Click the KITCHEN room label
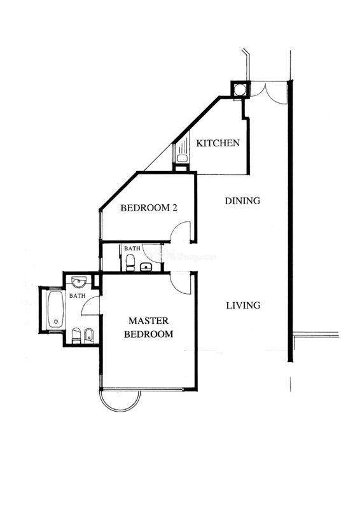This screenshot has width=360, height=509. (218, 143)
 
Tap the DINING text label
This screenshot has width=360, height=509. (242, 200)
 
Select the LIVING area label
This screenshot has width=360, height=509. (243, 305)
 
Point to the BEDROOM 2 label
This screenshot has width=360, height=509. (149, 208)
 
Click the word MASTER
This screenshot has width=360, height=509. (149, 321)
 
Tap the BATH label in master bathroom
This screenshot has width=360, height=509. (78, 296)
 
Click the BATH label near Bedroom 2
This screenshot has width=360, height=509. (132, 248)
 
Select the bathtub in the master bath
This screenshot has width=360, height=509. (56, 309)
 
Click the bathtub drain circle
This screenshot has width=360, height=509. (56, 322)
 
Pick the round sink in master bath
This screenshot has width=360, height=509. (79, 282)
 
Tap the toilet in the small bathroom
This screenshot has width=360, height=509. (130, 262)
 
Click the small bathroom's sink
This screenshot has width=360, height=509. (146, 267)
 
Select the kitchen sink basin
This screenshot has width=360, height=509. (182, 158)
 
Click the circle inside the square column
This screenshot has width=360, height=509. (240, 89)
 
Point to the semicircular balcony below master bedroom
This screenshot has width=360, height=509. (120, 408)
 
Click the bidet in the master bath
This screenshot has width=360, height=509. (88, 336)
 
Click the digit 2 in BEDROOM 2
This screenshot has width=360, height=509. (175, 208)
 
